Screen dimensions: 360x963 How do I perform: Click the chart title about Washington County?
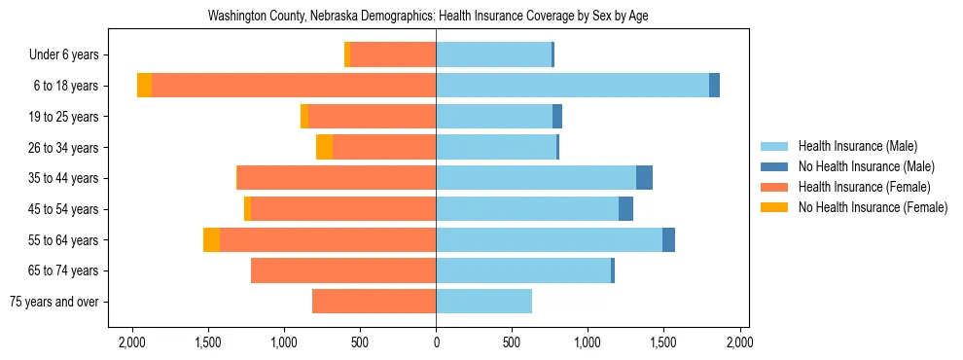point(428,17)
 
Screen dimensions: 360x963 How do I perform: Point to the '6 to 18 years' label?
point(65,86)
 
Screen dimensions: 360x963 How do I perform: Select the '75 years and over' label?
point(54,302)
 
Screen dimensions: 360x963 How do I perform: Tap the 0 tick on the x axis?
point(436,342)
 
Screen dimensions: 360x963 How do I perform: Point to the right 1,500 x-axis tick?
point(663,342)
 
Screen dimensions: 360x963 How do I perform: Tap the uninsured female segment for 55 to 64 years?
point(211,239)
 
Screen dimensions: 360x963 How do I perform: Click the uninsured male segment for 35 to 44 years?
point(644,178)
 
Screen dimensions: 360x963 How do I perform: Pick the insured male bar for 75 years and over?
point(483,302)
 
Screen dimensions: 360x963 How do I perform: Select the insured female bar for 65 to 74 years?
point(343,270)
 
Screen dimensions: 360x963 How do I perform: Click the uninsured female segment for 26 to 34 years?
point(324,147)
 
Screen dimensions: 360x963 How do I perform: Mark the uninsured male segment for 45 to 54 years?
point(625,209)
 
